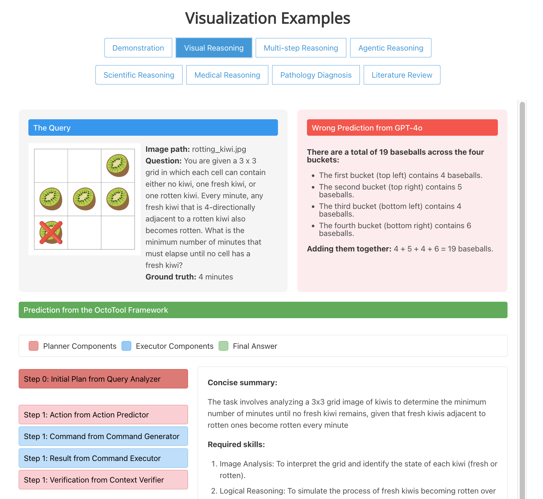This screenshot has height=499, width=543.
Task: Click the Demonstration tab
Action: [138, 48]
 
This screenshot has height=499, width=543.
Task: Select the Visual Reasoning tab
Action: [214, 48]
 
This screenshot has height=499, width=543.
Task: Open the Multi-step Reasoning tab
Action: [301, 48]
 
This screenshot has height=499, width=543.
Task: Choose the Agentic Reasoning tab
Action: [390, 48]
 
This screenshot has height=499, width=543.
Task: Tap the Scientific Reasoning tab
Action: [139, 75]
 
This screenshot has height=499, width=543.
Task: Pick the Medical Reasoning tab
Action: [227, 75]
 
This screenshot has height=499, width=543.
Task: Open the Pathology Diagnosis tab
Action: [316, 75]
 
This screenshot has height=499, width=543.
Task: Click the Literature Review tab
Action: [402, 75]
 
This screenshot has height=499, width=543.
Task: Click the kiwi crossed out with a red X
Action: [51, 232]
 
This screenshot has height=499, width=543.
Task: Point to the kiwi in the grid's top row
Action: [118, 166]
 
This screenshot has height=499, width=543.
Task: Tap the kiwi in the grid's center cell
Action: [84, 199]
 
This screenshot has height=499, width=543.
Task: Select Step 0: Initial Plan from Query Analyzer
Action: [103, 379]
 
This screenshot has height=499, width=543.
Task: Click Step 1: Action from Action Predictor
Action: [103, 415]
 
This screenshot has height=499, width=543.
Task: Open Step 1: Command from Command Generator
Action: [103, 436]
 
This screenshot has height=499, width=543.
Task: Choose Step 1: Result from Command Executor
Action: [103, 458]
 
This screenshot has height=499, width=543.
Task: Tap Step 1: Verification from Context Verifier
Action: [103, 480]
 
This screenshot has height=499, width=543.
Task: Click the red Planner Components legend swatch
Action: [34, 346]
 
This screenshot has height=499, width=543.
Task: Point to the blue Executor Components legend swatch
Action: [126, 346]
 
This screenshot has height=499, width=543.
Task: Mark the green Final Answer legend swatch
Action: [223, 346]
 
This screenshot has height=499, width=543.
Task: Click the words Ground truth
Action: [171, 277]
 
